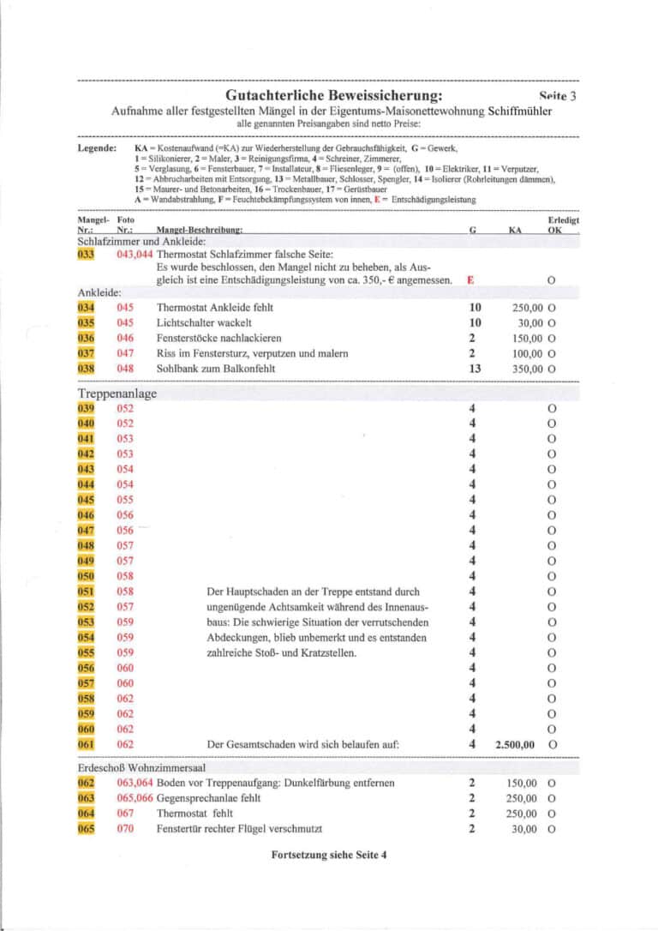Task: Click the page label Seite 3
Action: pyautogui.click(x=558, y=96)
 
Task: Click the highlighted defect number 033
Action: pyautogui.click(x=86, y=255)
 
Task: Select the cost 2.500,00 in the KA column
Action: pyautogui.click(x=515, y=745)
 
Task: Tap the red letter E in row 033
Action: pyautogui.click(x=469, y=280)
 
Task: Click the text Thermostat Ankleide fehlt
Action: pyautogui.click(x=215, y=307)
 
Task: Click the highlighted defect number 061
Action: pyautogui.click(x=86, y=745)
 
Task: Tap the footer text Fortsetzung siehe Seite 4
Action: pyautogui.click(x=329, y=855)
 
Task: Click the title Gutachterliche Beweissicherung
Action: pyautogui.click(x=333, y=95)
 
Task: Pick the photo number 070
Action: pyautogui.click(x=125, y=829)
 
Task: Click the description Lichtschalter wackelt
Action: pyautogui.click(x=204, y=322)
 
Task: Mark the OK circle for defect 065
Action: pyautogui.click(x=551, y=829)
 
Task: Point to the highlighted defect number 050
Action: pyautogui.click(x=86, y=576)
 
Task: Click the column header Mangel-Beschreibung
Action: pyautogui.click(x=200, y=231)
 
